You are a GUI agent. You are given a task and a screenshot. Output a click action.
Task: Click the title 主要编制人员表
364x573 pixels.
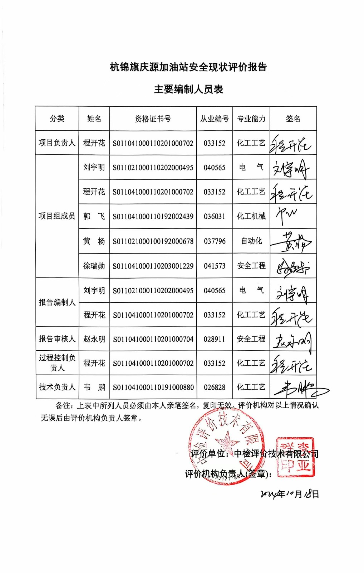pyautogui.click(x=188, y=89)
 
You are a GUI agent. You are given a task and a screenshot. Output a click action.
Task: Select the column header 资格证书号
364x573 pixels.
pyautogui.click(x=153, y=119)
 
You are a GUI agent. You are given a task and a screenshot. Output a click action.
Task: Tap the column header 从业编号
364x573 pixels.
pyautogui.click(x=214, y=119)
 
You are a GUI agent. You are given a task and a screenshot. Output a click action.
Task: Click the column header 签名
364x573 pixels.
pyautogui.click(x=293, y=119)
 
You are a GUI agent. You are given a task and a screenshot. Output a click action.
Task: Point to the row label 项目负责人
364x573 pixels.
pyautogui.click(x=57, y=143)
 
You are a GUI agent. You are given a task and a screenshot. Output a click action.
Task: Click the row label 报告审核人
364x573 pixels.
pyautogui.click(x=57, y=339)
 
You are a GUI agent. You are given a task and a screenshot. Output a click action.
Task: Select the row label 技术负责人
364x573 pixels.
pyautogui.click(x=57, y=387)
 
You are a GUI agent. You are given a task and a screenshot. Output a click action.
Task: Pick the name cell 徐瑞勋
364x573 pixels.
pyautogui.click(x=94, y=266)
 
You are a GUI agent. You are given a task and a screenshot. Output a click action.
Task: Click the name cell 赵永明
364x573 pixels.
pyautogui.click(x=94, y=339)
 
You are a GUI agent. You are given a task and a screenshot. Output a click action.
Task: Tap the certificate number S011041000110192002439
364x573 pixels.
pyautogui.click(x=153, y=216)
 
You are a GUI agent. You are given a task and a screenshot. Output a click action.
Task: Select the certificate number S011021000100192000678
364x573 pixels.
pyautogui.click(x=153, y=241)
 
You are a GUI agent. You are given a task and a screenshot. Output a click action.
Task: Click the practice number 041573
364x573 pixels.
pyautogui.click(x=215, y=266)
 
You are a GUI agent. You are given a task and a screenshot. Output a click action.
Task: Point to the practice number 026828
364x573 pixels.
pyautogui.click(x=215, y=387)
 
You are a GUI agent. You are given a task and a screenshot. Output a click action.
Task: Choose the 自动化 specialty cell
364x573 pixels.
pyautogui.click(x=251, y=241)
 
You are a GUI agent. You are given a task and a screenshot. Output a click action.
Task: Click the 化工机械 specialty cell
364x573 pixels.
pyautogui.click(x=251, y=216)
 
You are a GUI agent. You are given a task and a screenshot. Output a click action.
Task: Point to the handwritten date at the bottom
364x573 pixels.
pyautogui.click(x=290, y=494)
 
